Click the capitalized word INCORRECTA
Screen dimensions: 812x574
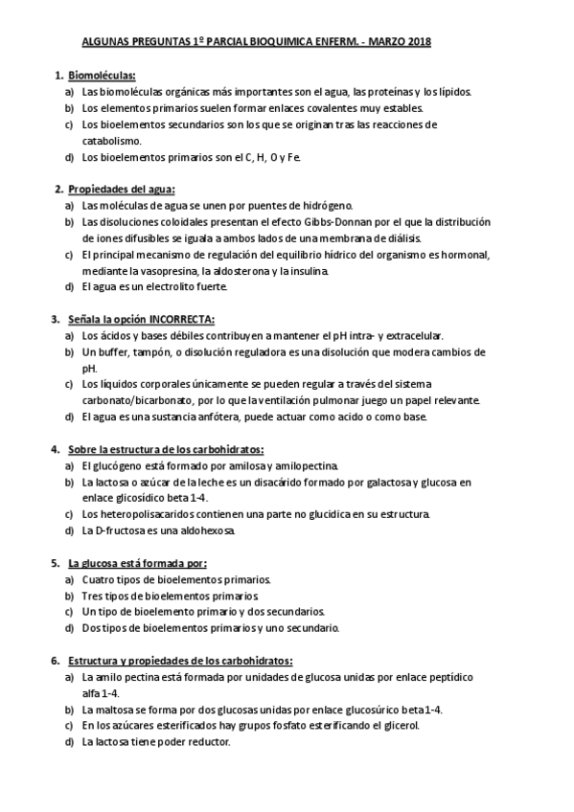click(x=183, y=319)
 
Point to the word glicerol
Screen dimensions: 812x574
click(x=398, y=726)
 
